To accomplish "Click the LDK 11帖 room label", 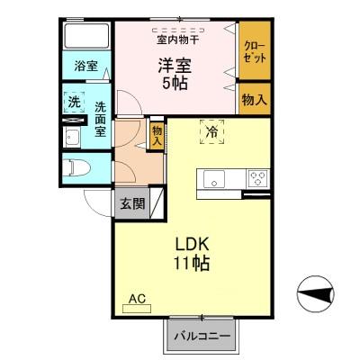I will pos(191,254).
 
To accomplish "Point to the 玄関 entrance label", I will pos(132,203).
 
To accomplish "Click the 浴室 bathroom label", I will pos(86,67).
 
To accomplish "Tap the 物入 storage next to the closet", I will pos(254,98).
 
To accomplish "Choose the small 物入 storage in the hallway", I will pos(157,136).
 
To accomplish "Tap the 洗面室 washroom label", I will pos(101,117).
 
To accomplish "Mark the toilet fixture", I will pos(75,167).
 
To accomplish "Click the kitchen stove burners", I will pos(257,177).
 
